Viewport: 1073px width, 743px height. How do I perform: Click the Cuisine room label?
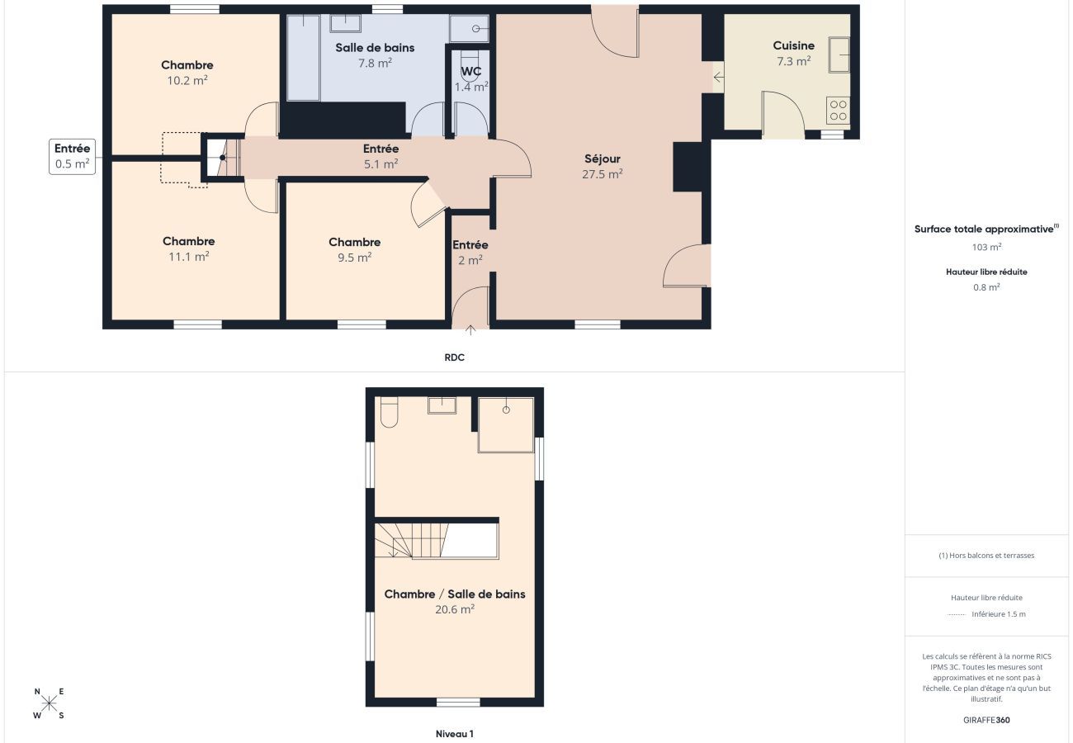(x=793, y=46)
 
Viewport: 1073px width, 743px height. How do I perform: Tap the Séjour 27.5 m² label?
(x=603, y=165)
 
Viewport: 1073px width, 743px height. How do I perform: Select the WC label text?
(x=471, y=72)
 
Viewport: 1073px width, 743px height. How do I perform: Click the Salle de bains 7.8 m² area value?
(x=375, y=63)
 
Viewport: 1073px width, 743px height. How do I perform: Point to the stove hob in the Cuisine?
(x=838, y=111)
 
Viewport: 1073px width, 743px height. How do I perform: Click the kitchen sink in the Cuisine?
(x=839, y=54)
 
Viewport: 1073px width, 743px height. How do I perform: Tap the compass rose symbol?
(x=49, y=703)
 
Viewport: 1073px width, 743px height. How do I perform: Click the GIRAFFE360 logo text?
(x=986, y=720)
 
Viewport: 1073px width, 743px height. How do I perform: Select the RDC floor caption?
(x=454, y=357)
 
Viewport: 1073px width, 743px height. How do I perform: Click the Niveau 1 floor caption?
(x=455, y=733)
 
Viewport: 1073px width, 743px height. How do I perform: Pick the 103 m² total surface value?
(x=986, y=247)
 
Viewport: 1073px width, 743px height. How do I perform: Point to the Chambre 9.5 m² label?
(x=355, y=248)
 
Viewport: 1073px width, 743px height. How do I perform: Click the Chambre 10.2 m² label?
(x=187, y=72)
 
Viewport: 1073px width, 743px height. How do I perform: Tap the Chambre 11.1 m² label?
(x=188, y=248)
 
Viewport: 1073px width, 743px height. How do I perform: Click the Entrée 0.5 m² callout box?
(x=72, y=156)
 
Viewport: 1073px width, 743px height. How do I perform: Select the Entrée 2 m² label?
(x=470, y=252)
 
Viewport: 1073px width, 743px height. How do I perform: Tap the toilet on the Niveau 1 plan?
(x=389, y=412)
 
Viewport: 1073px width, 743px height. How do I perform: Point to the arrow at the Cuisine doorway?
(x=718, y=78)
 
